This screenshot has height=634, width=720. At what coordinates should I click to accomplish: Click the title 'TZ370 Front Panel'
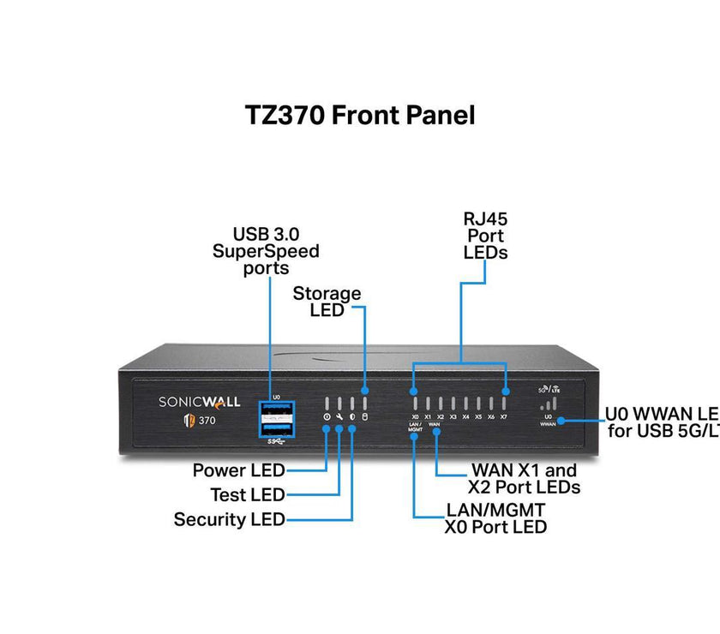360,115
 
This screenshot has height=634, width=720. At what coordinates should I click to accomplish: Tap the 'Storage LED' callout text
327,302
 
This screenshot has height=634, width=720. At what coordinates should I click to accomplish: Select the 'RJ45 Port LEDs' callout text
485,236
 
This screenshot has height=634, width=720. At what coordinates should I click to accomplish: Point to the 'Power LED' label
238,470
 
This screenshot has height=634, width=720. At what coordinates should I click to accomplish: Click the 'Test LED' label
248,495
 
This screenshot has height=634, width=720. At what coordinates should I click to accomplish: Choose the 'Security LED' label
229,519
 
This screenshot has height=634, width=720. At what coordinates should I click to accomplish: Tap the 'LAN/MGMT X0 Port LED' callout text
495,518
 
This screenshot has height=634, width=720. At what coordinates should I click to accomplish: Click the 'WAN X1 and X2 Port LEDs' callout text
524,479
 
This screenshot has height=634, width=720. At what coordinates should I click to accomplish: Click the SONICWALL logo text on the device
200,401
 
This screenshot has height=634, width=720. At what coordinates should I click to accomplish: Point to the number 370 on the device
207,420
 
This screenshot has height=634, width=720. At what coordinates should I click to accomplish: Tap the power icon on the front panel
327,417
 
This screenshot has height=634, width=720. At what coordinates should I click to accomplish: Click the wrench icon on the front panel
339,417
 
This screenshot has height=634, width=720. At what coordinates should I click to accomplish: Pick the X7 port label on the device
504,417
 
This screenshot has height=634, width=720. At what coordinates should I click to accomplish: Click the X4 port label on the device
465,417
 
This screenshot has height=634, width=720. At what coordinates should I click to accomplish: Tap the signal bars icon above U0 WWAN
549,403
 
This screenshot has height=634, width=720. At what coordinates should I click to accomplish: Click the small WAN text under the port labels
435,424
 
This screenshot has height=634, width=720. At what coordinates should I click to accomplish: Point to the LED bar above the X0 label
415,404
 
